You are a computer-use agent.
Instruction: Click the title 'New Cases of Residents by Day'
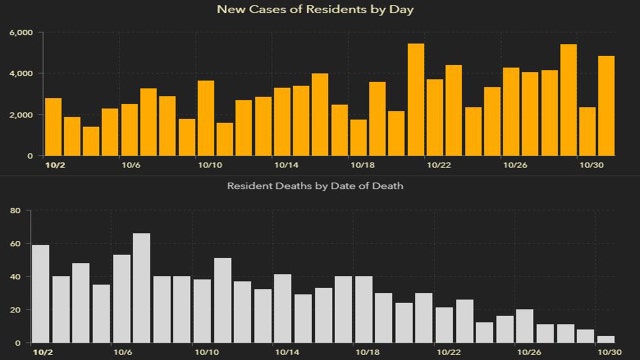pos(319,10)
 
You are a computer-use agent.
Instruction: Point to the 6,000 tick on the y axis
pos(21,33)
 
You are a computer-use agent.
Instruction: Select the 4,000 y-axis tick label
pos(21,74)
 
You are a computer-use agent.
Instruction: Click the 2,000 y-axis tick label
pos(21,115)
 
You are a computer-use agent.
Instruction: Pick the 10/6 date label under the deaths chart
pos(123,353)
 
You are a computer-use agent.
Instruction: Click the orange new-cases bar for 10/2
pos(53,127)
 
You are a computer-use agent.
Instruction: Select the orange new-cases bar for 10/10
pos(206,118)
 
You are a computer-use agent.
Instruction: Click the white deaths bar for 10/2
pos(41,294)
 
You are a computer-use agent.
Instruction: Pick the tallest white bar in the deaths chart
pos(142,288)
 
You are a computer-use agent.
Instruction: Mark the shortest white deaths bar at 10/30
pos(606,340)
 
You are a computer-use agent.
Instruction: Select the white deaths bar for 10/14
pos(283,309)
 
